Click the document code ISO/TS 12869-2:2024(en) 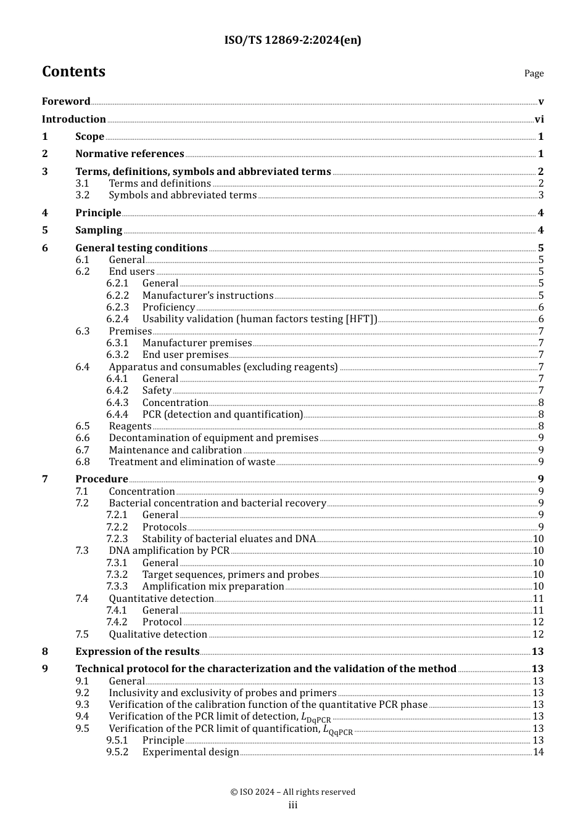292,40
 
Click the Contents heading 73,71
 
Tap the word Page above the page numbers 534,73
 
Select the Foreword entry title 66,101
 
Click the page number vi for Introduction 539,120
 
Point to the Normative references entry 130,154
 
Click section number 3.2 82,195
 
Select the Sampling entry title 99,230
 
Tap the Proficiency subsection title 168,307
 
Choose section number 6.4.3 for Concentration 117,403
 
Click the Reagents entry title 130,426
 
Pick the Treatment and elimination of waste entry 192,462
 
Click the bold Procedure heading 102,479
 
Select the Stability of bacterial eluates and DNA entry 229,539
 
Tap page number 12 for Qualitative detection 538,635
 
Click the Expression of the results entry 137,652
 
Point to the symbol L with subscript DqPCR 315,718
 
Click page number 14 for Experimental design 538,752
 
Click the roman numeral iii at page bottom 293,805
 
